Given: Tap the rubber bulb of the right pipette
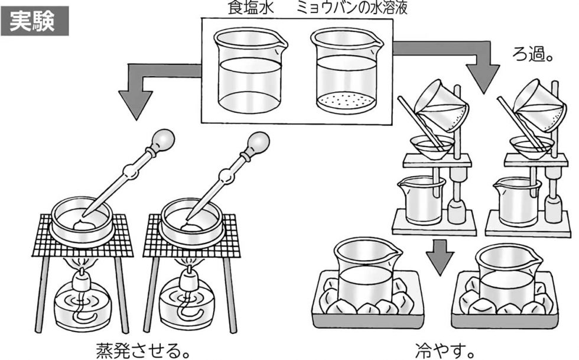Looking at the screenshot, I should (258, 142).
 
